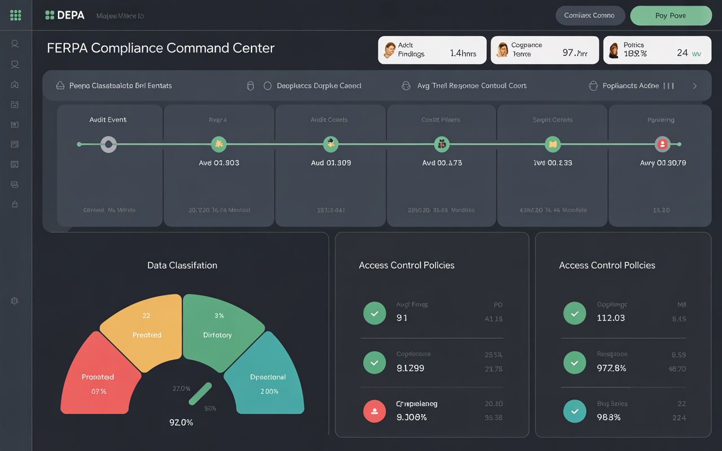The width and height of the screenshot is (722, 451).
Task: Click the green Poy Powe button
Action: coord(671,16)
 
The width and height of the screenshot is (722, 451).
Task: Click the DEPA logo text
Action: coord(71,16)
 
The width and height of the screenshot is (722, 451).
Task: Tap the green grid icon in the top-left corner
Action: coord(16,15)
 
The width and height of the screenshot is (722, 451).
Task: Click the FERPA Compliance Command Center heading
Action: coord(161,48)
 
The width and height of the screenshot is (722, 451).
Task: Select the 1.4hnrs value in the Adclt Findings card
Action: coord(463,54)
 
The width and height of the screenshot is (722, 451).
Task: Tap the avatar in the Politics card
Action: coord(614,50)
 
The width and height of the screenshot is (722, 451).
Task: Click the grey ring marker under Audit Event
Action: coord(108,144)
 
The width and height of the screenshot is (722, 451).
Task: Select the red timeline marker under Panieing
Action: coord(662,144)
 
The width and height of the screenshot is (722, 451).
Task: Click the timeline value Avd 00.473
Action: coord(442,163)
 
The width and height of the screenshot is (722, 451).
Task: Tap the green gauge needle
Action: coord(200,393)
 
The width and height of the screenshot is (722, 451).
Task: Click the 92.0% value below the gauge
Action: coord(181,422)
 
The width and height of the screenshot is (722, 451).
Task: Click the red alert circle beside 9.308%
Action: coord(375,413)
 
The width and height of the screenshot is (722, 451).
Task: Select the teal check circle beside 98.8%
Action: coord(575,412)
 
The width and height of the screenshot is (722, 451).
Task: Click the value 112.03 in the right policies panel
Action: coord(610,318)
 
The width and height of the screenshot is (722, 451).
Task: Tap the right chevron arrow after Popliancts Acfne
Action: coord(694,86)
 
